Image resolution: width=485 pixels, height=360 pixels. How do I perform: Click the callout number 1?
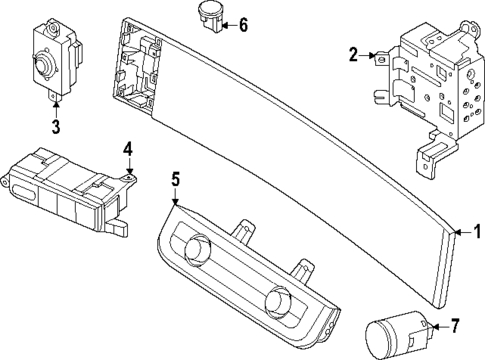(476, 257)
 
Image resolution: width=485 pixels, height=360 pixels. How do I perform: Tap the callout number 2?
(353, 54)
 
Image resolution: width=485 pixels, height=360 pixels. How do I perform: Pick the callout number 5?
(174, 180)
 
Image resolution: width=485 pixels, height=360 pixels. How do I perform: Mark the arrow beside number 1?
(462, 257)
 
